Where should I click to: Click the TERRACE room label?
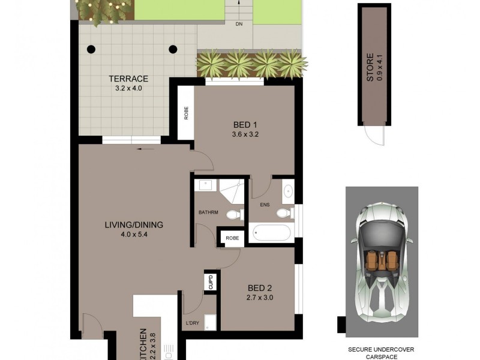(x=128, y=79)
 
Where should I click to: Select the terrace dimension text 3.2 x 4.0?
(x=128, y=89)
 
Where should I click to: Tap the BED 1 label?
(x=244, y=125)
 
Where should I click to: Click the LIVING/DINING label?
(x=134, y=225)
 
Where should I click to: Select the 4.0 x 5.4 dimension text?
(x=134, y=235)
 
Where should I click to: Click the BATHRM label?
(x=208, y=212)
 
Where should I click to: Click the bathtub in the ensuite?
(x=272, y=232)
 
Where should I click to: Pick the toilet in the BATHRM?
(x=233, y=214)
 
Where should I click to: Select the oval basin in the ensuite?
(x=287, y=192)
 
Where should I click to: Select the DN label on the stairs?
(x=238, y=25)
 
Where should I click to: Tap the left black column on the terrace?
(x=91, y=49)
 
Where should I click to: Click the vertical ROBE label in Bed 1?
(x=185, y=112)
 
